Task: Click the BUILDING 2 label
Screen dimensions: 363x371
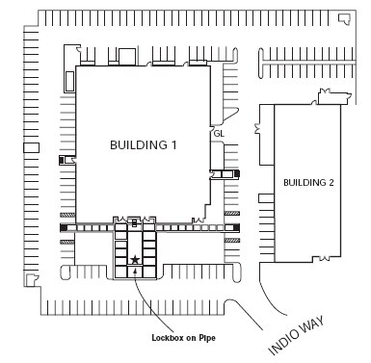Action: coord(308,182)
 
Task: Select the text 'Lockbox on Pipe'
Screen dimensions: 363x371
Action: coord(185,337)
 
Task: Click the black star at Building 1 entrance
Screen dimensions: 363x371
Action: coord(136,260)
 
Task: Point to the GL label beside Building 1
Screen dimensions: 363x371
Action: coord(219,134)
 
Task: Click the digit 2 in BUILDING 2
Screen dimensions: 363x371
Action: coord(331,182)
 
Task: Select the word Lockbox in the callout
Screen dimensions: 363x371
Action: coord(168,337)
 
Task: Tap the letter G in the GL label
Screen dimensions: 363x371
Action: coord(216,134)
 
